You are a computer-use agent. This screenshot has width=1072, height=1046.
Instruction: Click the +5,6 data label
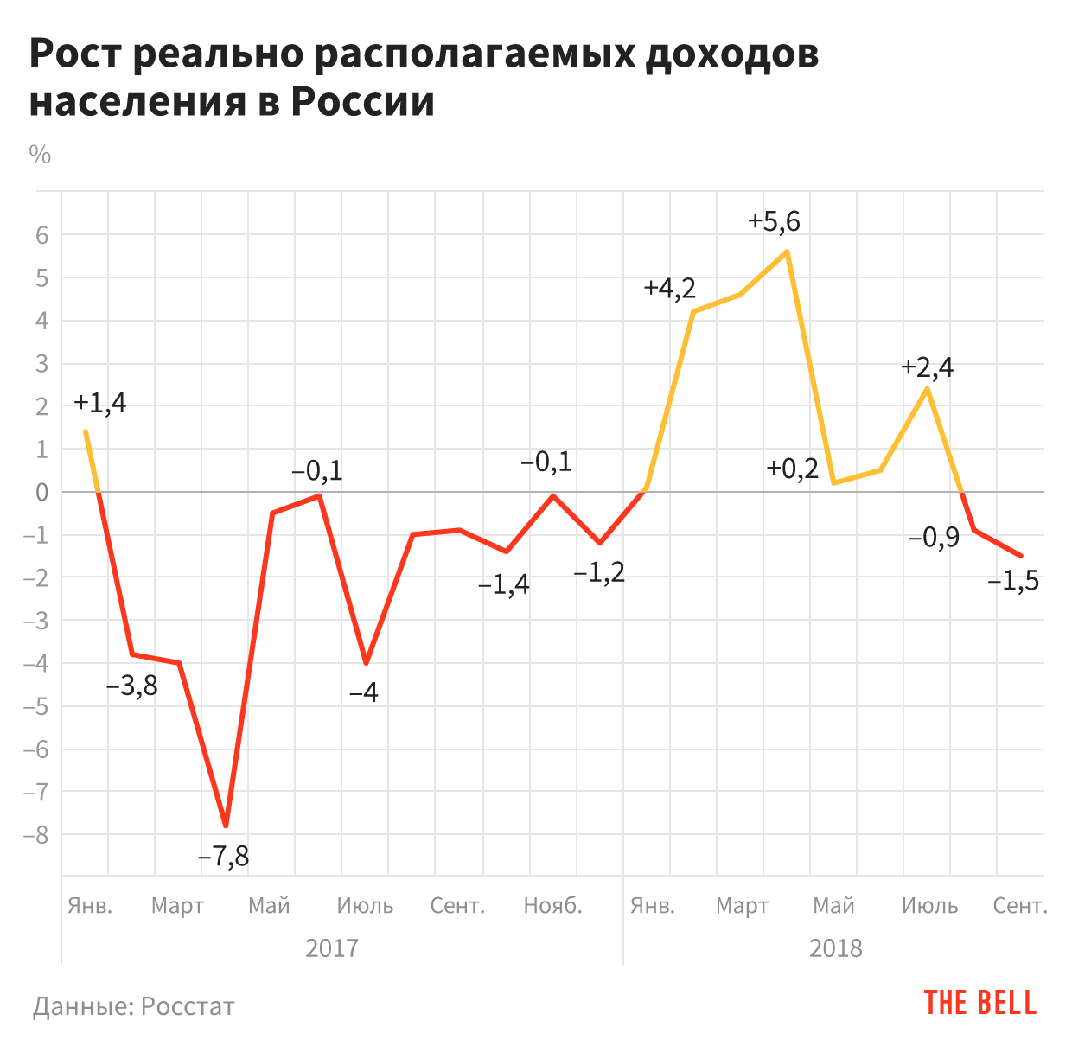click(774, 222)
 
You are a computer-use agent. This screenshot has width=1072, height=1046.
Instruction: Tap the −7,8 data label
click(223, 857)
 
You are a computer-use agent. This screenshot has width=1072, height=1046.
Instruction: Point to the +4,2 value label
click(669, 288)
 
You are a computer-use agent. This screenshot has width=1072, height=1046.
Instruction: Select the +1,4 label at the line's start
click(99, 403)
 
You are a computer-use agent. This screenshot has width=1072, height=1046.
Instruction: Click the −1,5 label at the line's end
click(1013, 582)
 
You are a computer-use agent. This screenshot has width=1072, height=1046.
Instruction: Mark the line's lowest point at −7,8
click(226, 826)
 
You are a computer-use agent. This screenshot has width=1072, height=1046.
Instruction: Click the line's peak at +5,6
click(787, 252)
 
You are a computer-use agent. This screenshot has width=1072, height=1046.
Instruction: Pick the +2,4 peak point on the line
click(927, 388)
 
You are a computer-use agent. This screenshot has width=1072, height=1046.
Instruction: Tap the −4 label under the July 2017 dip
click(364, 692)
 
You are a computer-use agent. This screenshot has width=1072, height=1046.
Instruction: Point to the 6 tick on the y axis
click(41, 235)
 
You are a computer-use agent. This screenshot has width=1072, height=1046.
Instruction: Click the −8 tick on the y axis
click(36, 835)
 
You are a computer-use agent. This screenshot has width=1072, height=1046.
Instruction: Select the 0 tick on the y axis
click(41, 492)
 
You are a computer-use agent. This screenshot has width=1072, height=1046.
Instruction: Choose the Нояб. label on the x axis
click(553, 906)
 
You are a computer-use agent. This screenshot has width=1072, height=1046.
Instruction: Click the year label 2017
click(332, 948)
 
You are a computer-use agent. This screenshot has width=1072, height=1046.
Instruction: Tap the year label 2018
click(835, 948)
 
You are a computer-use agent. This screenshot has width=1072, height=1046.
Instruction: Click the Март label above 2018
click(742, 906)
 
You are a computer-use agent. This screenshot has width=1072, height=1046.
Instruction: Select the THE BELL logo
click(980, 1003)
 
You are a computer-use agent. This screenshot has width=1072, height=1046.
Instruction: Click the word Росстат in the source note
click(188, 1006)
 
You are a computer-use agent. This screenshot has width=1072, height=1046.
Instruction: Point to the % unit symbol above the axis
click(40, 155)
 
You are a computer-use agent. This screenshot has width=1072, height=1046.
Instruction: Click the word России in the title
click(362, 102)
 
